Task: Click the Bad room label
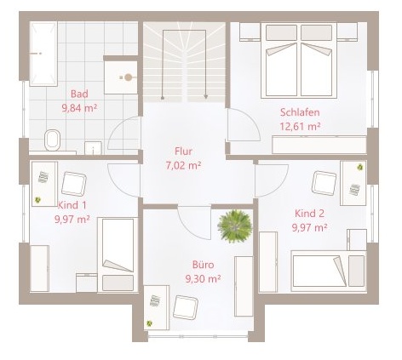[x=79, y=94]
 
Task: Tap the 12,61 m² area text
[x=300, y=126]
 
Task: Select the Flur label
[x=183, y=151]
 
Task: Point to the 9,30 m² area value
[x=203, y=279]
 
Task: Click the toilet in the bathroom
[x=53, y=140]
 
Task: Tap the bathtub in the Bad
[x=43, y=54]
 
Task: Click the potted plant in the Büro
[x=235, y=226]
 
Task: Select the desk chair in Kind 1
[x=74, y=184]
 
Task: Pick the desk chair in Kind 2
[x=324, y=183]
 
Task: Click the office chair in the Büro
[x=186, y=307]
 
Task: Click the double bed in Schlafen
[x=299, y=60]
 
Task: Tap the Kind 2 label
[x=309, y=214]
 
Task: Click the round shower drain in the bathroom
[x=129, y=77]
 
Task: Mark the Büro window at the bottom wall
[x=198, y=337]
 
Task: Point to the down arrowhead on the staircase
[x=206, y=97]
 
